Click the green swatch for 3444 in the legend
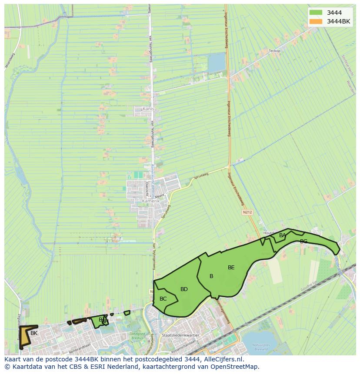coord(316,13)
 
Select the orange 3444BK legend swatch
coord(316,21)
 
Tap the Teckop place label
coord(275,51)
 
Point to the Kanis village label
coord(148,109)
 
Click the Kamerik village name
coord(151,201)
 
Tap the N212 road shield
coord(247,212)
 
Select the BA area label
coord(283,235)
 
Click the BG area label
coord(303,242)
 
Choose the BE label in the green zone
coord(231,268)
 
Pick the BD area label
coord(184,289)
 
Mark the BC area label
coord(163,299)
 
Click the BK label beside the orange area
coord(34,333)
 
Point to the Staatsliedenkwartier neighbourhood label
coord(180,335)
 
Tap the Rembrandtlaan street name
coord(80,346)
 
